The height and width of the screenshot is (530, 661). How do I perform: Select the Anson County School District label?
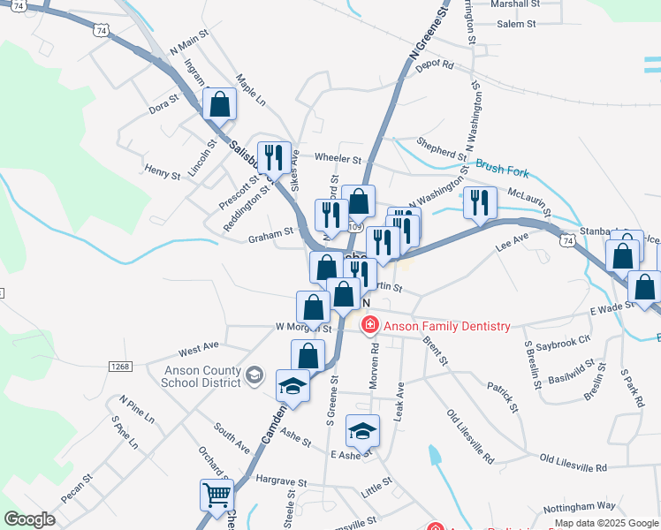tap(201, 376)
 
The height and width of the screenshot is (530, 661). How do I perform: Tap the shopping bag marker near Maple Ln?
tap(219, 103)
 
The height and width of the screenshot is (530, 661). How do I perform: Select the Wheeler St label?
tap(338, 160)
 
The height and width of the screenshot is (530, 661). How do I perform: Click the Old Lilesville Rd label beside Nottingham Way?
tap(574, 465)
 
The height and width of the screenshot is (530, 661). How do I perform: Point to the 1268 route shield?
tap(121, 366)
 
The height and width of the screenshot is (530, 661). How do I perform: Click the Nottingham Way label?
tap(580, 506)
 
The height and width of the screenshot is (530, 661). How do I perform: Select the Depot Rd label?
tap(434, 64)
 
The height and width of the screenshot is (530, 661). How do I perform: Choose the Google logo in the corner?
tap(29, 519)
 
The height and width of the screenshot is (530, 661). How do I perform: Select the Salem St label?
tap(516, 24)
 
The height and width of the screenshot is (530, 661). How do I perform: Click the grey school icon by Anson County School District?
tap(255, 375)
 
